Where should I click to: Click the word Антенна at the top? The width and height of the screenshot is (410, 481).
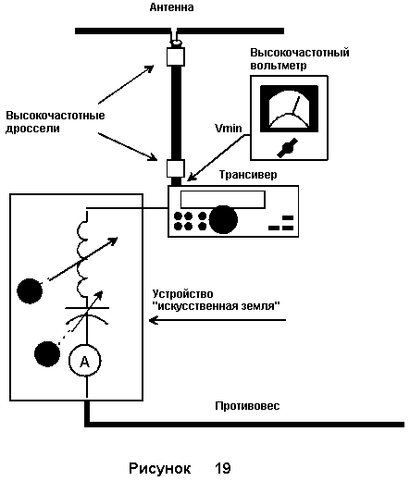coord(171,7)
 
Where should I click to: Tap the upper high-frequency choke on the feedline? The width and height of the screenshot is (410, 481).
coord(176,56)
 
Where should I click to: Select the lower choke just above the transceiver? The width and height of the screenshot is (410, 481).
coord(176,168)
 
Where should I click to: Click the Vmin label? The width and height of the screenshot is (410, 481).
coord(229,128)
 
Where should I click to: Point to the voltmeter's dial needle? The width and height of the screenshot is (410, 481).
coord(296,105)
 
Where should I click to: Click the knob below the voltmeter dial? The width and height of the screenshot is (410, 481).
coord(287,148)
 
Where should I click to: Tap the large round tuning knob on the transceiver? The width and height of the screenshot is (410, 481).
coord(223,219)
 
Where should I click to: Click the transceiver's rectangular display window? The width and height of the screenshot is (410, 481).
coord(223,200)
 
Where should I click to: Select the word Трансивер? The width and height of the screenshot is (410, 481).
coord(248,175)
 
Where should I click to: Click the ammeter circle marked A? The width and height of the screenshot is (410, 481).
coord(85,361)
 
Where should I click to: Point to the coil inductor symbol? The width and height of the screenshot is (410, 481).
coord(82,258)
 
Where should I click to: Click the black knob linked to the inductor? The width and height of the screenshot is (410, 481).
coord(30,291)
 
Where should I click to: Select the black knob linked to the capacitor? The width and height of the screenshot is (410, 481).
coord(47,354)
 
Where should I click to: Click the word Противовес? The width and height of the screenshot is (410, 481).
coord(247,406)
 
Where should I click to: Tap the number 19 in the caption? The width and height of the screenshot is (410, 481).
coord(223,468)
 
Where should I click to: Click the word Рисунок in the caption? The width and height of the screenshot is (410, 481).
coord(159,469)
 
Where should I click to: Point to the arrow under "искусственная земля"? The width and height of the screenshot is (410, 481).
coord(217,320)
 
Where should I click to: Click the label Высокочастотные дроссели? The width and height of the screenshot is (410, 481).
coord(56,122)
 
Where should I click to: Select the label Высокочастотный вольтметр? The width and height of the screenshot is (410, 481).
coord(300,58)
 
